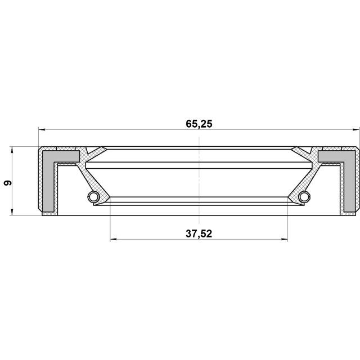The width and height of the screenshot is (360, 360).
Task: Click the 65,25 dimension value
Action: (x=199, y=124)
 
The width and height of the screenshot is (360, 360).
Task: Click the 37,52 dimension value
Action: (x=199, y=234)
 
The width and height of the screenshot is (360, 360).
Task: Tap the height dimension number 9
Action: (x=8, y=183)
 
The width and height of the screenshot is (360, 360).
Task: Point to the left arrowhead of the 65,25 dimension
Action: (x=42, y=130)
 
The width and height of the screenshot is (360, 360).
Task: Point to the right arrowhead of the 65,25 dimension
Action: (x=355, y=130)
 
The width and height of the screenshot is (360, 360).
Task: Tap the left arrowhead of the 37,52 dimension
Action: (x=114, y=240)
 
